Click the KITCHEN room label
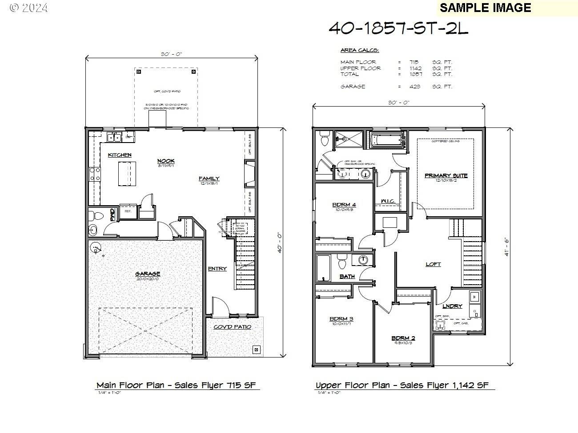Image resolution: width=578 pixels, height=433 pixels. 120,155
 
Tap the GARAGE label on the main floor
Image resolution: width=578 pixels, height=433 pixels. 148,274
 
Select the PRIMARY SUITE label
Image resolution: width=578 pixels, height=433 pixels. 446,175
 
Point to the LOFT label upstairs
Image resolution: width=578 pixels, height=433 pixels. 433,264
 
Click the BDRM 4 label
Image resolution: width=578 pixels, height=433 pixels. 344,205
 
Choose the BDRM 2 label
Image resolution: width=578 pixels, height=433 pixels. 403,338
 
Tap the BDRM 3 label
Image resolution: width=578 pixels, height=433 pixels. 341,319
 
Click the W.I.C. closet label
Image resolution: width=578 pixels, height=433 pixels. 388,201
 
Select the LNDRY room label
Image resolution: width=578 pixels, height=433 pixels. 452,306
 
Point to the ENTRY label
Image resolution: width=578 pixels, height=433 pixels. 217,269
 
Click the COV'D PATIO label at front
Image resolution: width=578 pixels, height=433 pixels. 232,327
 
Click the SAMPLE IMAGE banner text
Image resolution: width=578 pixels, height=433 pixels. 485,8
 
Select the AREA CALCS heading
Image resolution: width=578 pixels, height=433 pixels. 359,50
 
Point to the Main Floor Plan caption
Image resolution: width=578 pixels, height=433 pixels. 176,385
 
